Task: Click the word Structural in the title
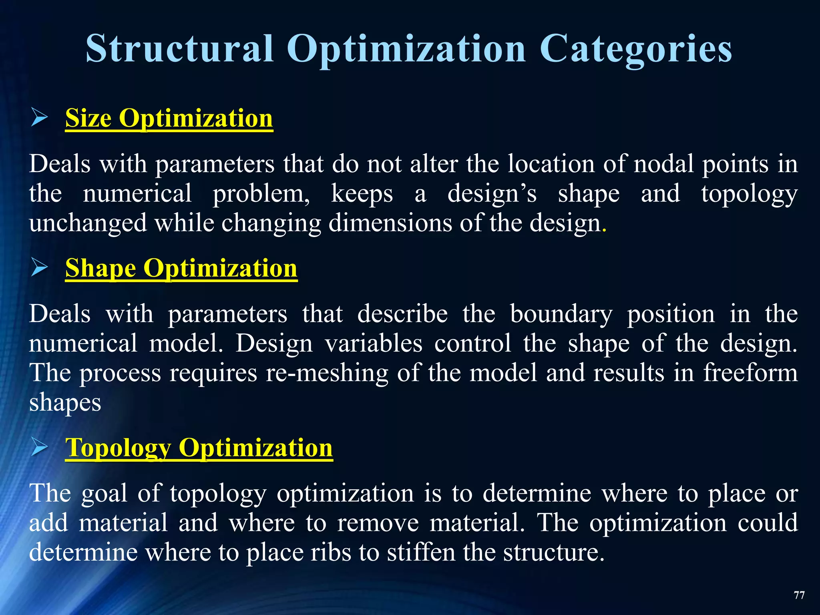[180, 48]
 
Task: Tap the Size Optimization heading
[169, 119]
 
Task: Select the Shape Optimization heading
[181, 268]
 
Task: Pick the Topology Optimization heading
[199, 448]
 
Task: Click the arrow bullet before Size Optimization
[39, 119]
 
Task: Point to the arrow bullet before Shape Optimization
[39, 267]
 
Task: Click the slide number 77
[799, 595]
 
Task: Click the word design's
[492, 194]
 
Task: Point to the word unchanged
[88, 223]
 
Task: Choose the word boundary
[561, 314]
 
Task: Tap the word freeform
[750, 373]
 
